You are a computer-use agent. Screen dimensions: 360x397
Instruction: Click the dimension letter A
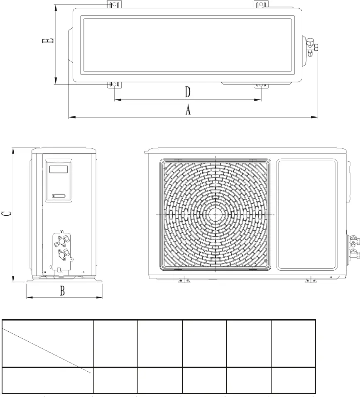click(x=188, y=110)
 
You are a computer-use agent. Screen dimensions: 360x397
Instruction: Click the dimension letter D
click(x=188, y=92)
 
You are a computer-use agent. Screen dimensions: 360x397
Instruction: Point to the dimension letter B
click(x=62, y=291)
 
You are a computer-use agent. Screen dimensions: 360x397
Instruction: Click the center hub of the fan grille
click(x=216, y=214)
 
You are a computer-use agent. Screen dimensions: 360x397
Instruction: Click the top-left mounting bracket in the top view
click(x=114, y=5)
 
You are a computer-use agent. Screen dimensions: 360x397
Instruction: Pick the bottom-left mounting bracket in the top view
click(x=114, y=85)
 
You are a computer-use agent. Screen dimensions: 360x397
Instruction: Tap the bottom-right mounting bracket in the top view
click(x=261, y=85)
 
